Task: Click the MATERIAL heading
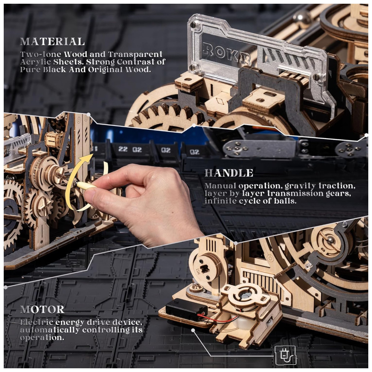(x=52, y=42)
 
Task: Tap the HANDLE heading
(x=229, y=173)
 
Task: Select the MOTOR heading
(x=42, y=310)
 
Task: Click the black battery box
(x=186, y=310)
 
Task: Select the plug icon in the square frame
(x=285, y=355)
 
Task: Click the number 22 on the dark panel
(x=123, y=149)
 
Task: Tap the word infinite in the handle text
(x=221, y=201)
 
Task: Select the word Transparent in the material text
(x=135, y=54)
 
